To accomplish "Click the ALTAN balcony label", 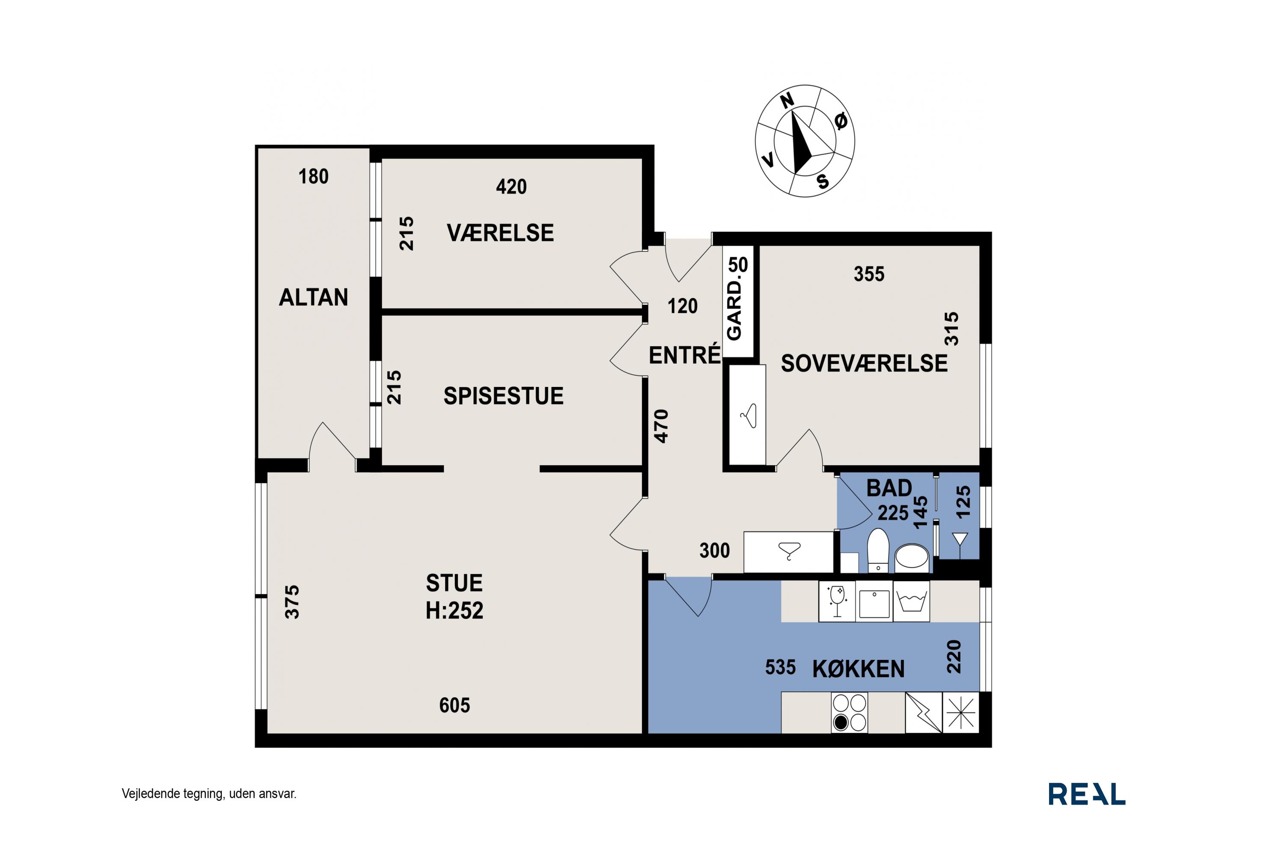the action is coord(313,297).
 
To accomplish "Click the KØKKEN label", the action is coord(858,669).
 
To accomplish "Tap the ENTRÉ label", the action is coord(684,355).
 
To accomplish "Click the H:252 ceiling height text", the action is coord(454,610).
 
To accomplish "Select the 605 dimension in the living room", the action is coord(454,705).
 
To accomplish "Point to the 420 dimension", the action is coord(511,187).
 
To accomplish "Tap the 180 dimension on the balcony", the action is coord(313,176).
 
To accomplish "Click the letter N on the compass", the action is coord(787,101).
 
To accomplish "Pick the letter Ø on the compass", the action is coord(841,121).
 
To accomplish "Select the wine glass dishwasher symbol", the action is coord(836,601).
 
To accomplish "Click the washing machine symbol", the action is coord(911,601).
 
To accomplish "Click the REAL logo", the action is coord(1086,794).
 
